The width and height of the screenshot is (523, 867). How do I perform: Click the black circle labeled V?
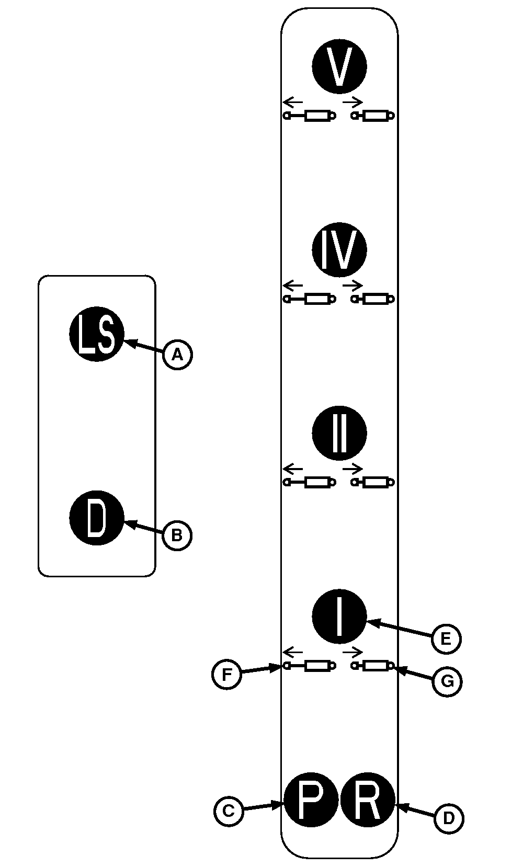point(339,66)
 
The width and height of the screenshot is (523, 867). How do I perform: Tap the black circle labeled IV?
point(339,249)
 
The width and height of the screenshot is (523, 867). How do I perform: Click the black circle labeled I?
point(339,617)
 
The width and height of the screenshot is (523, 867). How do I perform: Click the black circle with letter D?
point(97,518)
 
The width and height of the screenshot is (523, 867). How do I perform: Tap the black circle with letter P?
point(311,800)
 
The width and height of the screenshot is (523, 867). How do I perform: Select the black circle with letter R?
point(368,800)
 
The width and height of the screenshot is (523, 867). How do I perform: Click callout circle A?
point(178,355)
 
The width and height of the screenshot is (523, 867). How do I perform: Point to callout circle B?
point(177,535)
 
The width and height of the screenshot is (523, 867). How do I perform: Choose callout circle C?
point(229,812)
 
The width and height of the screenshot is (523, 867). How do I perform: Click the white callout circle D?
point(449,818)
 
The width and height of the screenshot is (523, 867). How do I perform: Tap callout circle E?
point(446,638)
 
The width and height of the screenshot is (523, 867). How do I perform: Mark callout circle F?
point(226,675)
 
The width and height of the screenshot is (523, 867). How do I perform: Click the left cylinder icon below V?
point(310,116)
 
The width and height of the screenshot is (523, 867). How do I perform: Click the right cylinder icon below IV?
point(373,299)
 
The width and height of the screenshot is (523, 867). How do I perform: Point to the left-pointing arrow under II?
point(293,466)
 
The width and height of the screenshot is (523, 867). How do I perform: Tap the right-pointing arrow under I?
point(353,652)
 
